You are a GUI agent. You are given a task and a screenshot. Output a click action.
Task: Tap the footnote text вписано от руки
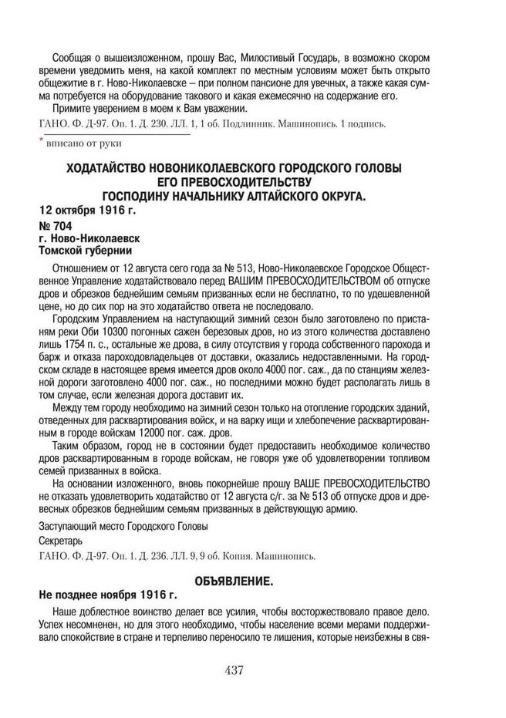coord(84,143)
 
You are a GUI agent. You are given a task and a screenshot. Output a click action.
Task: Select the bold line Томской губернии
coord(86,251)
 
